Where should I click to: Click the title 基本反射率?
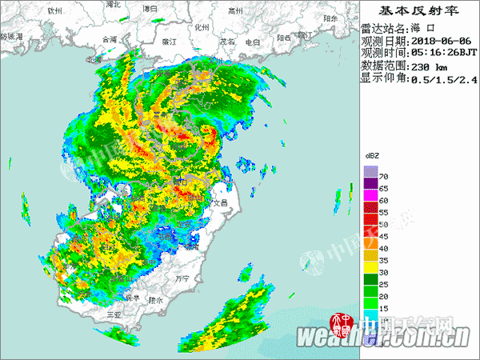point(418,11)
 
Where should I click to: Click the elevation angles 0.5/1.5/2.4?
point(444,79)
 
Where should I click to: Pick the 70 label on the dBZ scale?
point(383,175)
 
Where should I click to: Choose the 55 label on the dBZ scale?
point(383,212)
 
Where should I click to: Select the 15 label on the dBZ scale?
point(383,309)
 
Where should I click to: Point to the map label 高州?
point(234,11)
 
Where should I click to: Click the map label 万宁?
point(182,279)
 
